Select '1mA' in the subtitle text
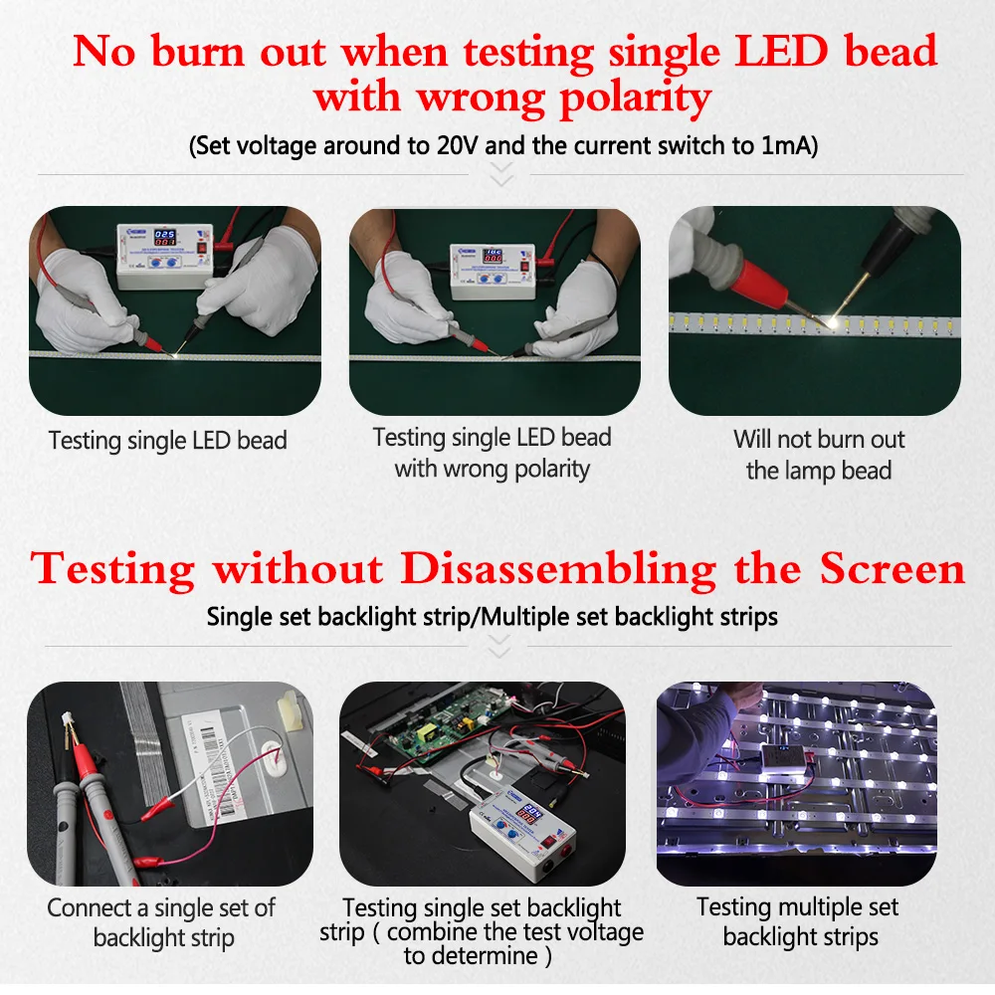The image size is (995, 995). point(785,146)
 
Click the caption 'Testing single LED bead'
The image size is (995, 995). point(168,440)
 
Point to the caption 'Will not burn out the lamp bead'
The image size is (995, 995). point(819,455)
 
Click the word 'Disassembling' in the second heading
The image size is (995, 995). point(558,570)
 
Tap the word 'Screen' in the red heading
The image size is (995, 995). point(893,570)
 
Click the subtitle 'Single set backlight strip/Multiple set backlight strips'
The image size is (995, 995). point(493,617)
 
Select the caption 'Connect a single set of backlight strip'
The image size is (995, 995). point(162,922)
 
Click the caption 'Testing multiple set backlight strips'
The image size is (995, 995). point(799,921)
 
